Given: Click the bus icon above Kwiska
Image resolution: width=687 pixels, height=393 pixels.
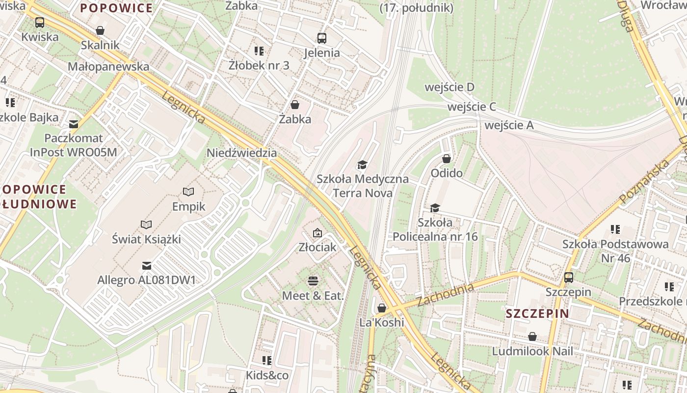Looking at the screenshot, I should coord(40,23).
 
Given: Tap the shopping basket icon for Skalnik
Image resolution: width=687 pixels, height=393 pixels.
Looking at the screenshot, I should coord(100,31).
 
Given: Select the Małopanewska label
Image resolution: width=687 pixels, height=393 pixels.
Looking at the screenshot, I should coord(108,66).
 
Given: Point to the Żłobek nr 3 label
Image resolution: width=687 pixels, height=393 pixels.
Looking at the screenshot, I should coord(259,65).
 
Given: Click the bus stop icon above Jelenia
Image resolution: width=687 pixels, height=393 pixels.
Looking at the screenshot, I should coord(322,38).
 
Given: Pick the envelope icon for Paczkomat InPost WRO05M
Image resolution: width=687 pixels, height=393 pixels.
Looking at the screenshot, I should coord(74,124).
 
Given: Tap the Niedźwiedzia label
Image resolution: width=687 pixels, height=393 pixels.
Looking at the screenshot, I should coord(241,153).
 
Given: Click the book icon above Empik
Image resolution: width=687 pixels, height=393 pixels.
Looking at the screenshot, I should coord(188,192).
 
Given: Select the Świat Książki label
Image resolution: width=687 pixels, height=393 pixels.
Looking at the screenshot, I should coord(146,239).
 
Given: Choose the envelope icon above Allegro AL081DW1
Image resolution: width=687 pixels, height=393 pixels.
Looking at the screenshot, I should coord(146,266).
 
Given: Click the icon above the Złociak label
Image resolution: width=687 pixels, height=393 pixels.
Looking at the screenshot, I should coord(317,233).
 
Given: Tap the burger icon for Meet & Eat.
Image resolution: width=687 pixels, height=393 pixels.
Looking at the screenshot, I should coord(313,281).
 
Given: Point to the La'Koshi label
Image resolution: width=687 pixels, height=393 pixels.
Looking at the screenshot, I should coord(382,322).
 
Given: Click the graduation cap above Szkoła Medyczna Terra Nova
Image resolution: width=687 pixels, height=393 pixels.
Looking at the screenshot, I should coord(362,165).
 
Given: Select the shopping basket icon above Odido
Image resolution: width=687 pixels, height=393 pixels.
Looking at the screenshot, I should coord(447,159).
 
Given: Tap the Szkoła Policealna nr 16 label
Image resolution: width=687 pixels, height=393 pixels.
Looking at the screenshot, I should coord(435,229).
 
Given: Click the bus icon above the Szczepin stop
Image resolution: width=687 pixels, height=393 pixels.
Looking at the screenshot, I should coord(569,278).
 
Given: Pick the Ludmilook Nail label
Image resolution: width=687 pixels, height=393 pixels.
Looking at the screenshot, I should coord(532,351).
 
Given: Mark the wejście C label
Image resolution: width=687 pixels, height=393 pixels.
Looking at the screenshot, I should coord(472,107).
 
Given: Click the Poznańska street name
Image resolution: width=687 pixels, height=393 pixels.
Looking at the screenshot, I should coord(644,181).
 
